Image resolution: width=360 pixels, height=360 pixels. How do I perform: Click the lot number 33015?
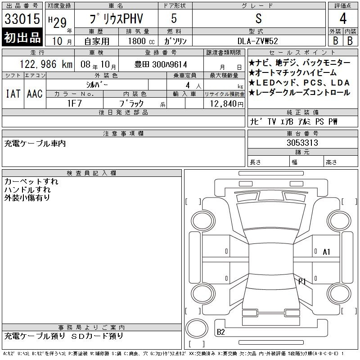click(x=22, y=19)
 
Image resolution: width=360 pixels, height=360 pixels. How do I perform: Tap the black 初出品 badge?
click(x=22, y=37)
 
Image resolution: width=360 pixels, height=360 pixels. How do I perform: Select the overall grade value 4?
click(x=343, y=18)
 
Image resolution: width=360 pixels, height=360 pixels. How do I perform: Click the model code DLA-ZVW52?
click(x=257, y=41)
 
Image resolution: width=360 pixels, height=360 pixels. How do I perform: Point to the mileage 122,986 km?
click(x=46, y=64)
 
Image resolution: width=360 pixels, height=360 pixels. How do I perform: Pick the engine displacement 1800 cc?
click(x=141, y=41)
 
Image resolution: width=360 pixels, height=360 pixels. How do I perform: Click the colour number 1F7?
click(x=74, y=103)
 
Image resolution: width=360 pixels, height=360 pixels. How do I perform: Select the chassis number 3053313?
click(x=302, y=143)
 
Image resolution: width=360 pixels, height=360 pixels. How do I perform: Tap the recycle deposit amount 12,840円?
click(x=227, y=104)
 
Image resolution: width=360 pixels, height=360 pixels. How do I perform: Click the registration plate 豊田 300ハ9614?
click(x=161, y=64)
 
